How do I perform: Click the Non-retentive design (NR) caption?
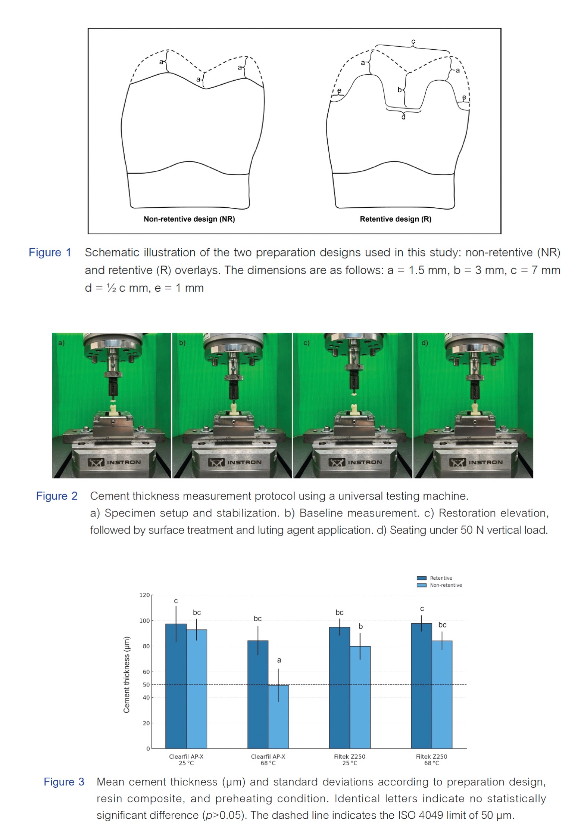tap(189, 219)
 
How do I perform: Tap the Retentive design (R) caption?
tap(396, 219)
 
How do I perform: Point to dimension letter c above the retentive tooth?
tap(413, 41)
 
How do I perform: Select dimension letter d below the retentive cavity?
tap(403, 117)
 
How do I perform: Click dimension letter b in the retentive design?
tap(400, 90)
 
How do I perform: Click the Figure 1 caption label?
tap(50, 252)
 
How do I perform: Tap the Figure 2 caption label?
tap(57, 496)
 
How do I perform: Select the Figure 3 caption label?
tap(64, 782)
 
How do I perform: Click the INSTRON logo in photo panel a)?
tap(114, 462)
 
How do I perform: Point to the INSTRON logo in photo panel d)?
tap(476, 462)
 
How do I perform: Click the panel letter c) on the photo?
tap(306, 343)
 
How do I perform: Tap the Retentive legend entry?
tap(435, 578)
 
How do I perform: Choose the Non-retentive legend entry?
tap(439, 585)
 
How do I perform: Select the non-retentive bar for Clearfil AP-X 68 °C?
tap(278, 716)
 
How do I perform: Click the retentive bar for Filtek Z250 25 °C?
tap(340, 688)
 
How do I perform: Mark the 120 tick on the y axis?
tap(145, 595)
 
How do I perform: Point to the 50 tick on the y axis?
tap(146, 685)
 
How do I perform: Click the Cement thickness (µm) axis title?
tap(127, 675)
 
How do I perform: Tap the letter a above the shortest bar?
tap(279, 660)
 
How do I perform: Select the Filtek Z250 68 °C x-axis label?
tap(431, 759)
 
